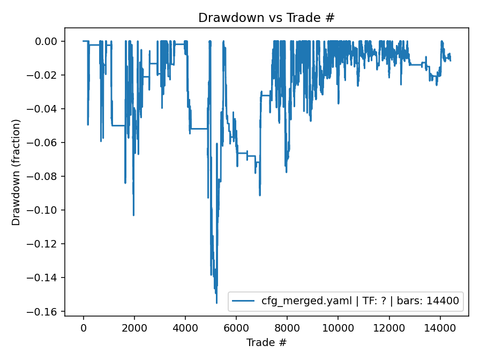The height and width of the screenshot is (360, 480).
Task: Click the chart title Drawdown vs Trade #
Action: coord(266,18)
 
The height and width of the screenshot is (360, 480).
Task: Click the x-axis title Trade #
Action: coord(266,342)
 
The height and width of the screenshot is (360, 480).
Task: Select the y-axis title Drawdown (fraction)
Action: coord(17,172)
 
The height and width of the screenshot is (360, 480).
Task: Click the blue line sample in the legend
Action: coord(244,302)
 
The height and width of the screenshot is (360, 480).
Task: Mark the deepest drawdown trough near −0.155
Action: coord(216,303)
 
